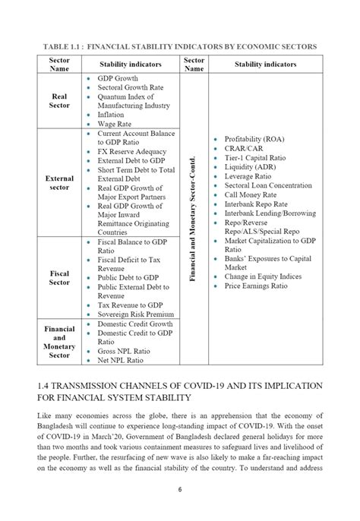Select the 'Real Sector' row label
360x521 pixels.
pos(59,102)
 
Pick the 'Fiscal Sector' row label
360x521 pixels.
pos(59,277)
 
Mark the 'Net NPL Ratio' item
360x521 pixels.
pos(122,360)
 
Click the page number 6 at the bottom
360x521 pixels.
pos(180,490)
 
